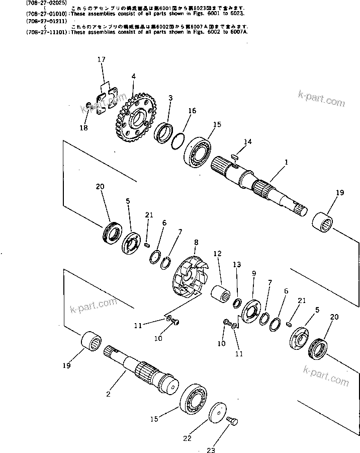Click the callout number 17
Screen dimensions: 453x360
pyautogui.click(x=101, y=59)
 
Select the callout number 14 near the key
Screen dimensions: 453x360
pyautogui.click(x=247, y=142)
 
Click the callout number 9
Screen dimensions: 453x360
pyautogui.click(x=254, y=273)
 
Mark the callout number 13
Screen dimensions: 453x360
pyautogui.click(x=236, y=264)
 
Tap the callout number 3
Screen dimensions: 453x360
pyautogui.click(x=170, y=98)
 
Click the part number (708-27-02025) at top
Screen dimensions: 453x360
pyautogui.click(x=20, y=3)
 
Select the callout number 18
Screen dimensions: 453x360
pyautogui.click(x=83, y=128)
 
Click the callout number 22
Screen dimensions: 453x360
pyautogui.click(x=187, y=438)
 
